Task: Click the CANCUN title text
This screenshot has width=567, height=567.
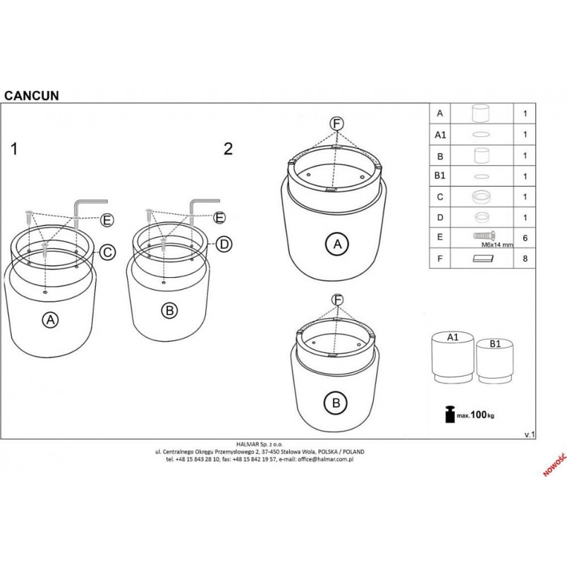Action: pos(32,95)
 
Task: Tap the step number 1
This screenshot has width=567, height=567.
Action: pos(15,149)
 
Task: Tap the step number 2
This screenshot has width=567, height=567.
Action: pos(228,149)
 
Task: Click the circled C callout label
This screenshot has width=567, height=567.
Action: pos(107,252)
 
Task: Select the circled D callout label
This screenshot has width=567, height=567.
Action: pos(224,245)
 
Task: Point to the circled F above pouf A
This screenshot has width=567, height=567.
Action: pos(336,124)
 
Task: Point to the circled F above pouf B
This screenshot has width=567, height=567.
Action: pos(337,300)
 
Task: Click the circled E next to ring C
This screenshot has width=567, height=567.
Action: pos(106,220)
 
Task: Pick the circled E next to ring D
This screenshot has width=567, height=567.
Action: pos(219,218)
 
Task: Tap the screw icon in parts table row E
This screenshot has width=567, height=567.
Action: pos(484,236)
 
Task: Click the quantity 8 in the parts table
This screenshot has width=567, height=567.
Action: pos(525,259)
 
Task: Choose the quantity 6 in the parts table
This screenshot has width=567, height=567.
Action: pos(525,238)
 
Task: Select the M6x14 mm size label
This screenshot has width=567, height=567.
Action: pos(497,245)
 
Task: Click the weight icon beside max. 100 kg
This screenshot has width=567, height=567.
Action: pos(450,414)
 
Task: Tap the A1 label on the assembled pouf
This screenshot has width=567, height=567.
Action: pos(453,337)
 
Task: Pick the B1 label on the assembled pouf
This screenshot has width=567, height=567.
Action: pos(495,343)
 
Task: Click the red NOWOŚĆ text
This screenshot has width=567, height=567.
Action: pos(555,465)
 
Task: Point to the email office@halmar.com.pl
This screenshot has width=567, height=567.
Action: pos(325,459)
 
